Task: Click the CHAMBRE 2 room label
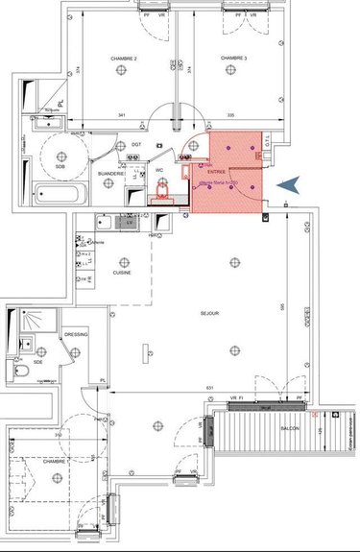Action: click(x=122, y=60)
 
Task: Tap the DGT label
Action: click(x=136, y=145)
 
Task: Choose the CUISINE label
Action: click(x=122, y=272)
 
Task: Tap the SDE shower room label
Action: click(x=37, y=361)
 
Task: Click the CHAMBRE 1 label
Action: click(x=54, y=462)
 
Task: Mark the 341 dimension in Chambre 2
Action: click(x=121, y=114)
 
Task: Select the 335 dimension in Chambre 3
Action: click(x=230, y=114)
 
